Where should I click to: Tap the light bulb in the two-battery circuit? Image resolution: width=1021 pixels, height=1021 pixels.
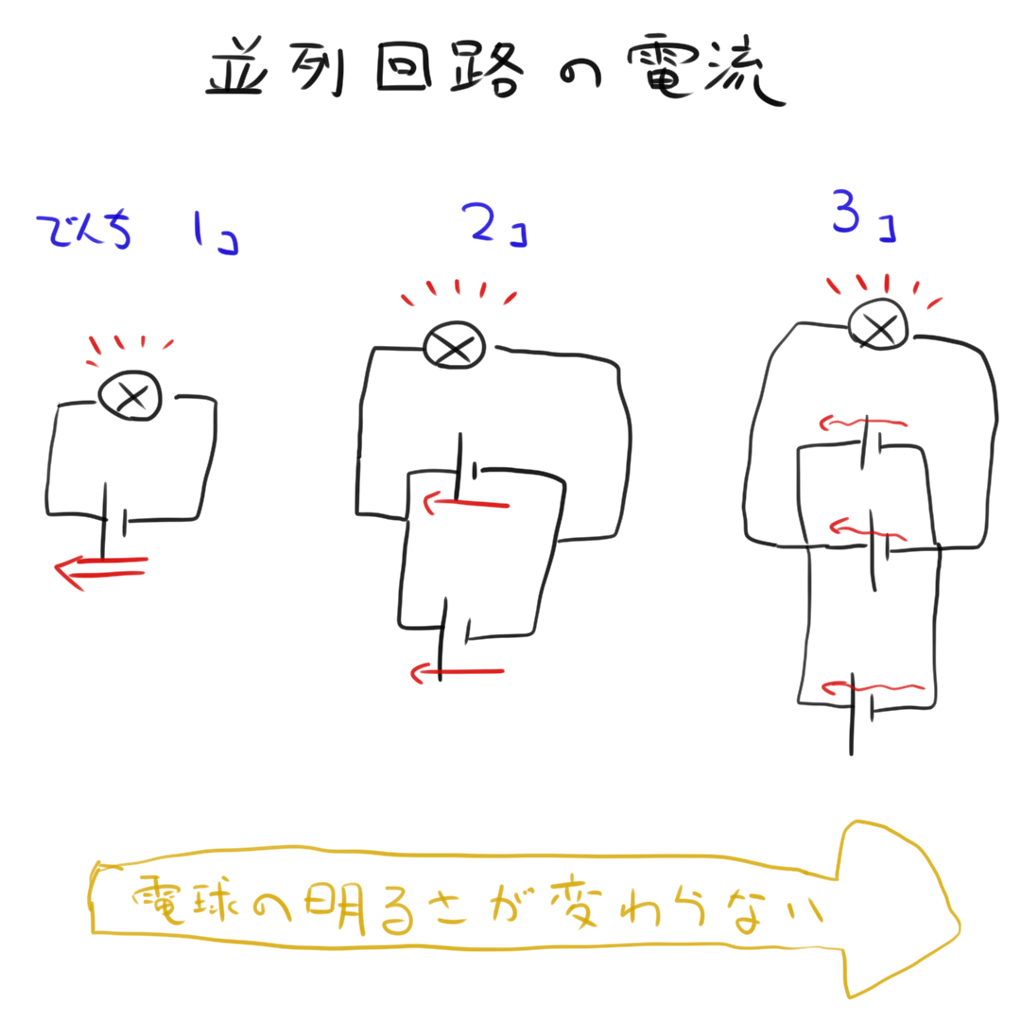(x=455, y=345)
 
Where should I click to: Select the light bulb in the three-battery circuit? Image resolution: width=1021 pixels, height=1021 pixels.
(x=878, y=323)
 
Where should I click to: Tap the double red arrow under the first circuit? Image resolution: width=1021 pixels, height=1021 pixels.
(x=101, y=570)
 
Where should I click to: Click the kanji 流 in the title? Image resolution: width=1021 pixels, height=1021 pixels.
(x=746, y=70)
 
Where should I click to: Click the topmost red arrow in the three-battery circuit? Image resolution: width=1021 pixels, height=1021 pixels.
(x=863, y=424)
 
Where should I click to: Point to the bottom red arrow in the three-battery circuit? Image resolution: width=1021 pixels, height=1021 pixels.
(x=873, y=687)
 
